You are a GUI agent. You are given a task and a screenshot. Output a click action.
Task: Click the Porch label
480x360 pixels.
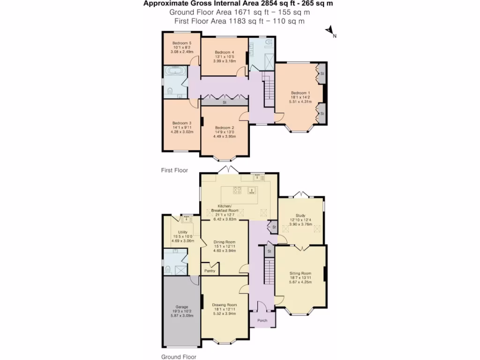[262, 321]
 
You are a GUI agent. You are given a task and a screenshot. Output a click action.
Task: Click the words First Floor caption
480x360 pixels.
[174, 171]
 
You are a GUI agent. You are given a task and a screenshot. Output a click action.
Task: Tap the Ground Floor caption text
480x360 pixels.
[178, 357]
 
